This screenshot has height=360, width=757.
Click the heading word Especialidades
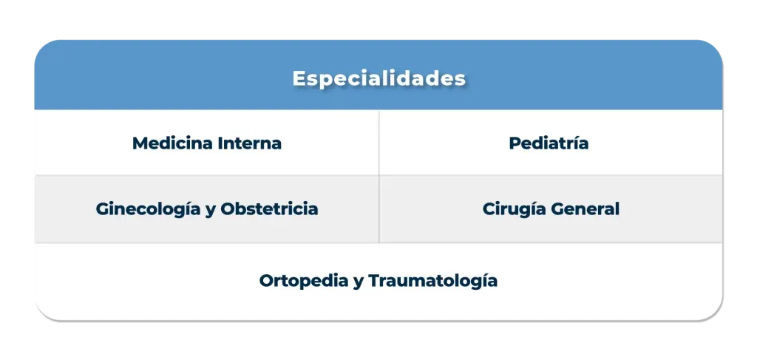click(378, 78)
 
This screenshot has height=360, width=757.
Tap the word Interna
click(249, 143)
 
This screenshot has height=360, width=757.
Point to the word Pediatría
click(549, 143)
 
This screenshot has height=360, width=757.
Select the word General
click(585, 209)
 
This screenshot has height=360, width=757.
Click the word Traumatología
click(432, 282)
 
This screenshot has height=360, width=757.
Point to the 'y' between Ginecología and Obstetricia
click(210, 211)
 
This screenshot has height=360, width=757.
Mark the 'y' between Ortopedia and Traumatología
click(359, 283)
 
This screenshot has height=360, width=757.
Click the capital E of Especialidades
click(299, 78)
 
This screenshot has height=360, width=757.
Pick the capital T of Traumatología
click(373, 282)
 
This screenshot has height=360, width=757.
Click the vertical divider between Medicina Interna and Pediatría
click(379, 143)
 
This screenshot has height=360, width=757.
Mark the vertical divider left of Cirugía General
click(379, 209)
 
